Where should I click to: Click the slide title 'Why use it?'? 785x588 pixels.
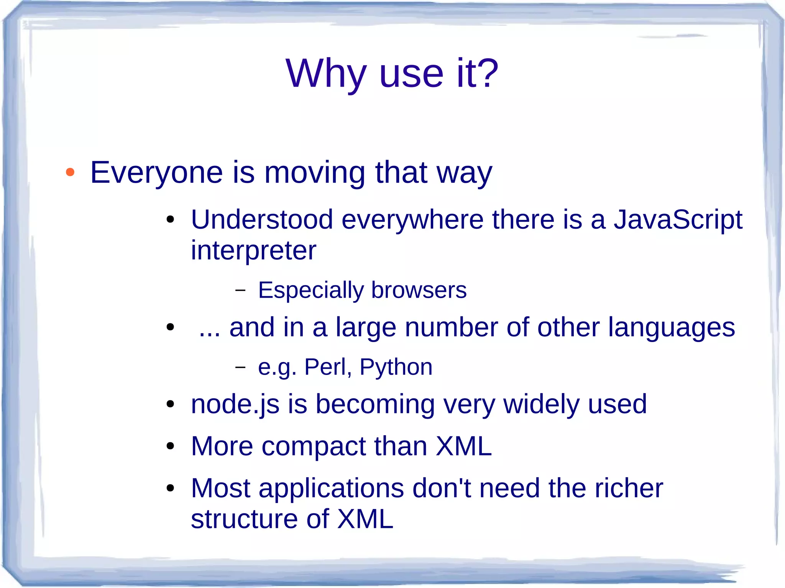click(x=392, y=74)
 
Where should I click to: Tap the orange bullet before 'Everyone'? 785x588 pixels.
click(x=70, y=172)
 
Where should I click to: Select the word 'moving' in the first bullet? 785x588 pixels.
click(x=315, y=173)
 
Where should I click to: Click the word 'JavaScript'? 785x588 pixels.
click(x=678, y=220)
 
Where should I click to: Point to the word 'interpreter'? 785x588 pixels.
click(x=253, y=251)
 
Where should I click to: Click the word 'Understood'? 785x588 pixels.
click(x=262, y=220)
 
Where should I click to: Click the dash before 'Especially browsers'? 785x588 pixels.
click(x=240, y=290)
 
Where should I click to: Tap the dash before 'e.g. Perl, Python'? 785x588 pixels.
click(x=240, y=367)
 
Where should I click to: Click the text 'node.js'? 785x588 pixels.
click(x=235, y=405)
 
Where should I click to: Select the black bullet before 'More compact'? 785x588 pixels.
click(x=171, y=446)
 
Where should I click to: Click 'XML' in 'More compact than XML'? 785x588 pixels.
click(x=463, y=446)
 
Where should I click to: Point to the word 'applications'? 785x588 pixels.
click(x=331, y=489)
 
